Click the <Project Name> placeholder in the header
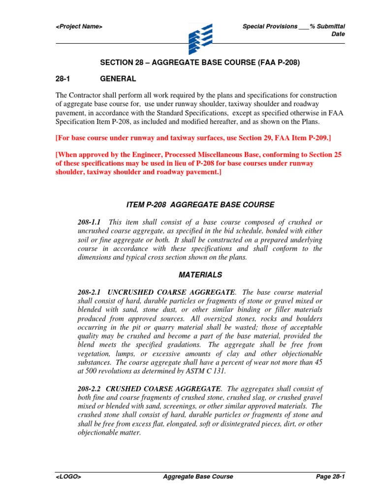point(79,27)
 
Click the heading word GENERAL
point(118,79)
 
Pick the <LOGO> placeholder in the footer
point(68,476)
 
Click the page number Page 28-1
point(329,476)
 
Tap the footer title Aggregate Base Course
point(197,476)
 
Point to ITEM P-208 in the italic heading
point(144,204)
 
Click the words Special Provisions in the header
point(270,27)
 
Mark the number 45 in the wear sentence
point(318,363)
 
